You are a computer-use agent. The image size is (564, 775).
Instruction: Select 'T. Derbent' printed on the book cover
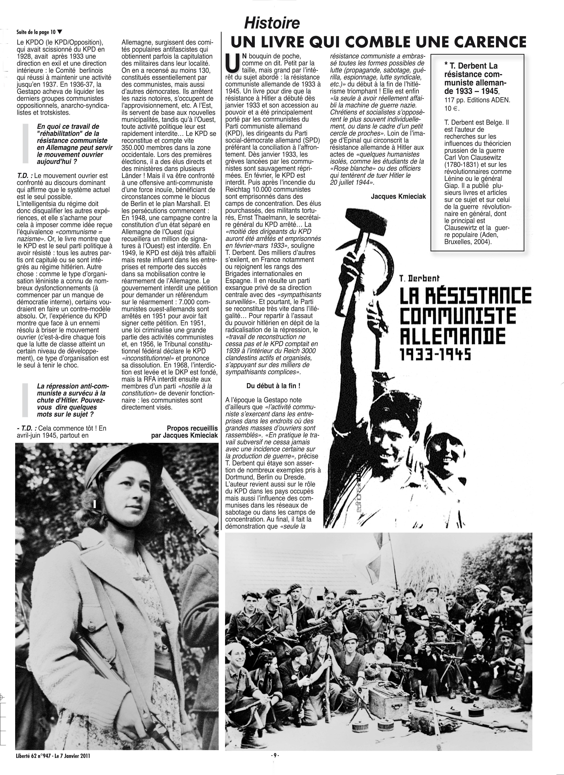coord(420,278)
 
